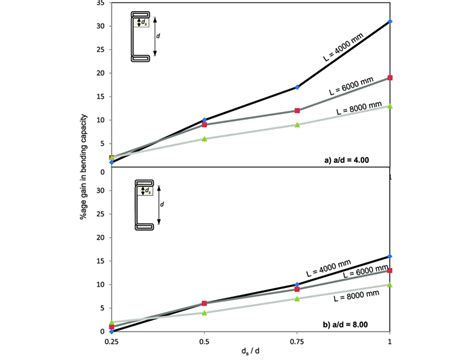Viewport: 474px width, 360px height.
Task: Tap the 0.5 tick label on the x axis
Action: tap(204, 340)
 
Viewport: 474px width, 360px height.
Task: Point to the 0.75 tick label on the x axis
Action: tap(297, 340)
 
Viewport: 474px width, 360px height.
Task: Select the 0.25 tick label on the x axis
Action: tap(111, 340)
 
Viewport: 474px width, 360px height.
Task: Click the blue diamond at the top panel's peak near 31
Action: tap(390, 21)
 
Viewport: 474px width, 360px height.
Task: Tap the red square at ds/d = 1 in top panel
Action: tap(390, 77)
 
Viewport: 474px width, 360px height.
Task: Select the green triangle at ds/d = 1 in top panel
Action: tap(390, 106)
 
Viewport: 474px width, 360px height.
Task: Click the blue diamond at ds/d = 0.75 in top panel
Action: tap(297, 87)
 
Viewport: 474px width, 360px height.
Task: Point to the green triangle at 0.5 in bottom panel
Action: tap(204, 312)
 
